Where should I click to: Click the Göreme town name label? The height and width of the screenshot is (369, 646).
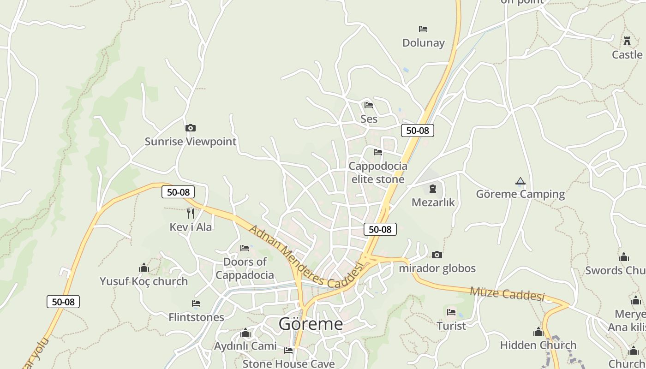(311, 324)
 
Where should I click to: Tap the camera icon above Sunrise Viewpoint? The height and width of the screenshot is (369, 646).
(190, 128)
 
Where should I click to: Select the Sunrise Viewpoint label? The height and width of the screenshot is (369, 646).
(190, 142)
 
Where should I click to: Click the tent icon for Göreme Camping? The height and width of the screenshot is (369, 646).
(520, 181)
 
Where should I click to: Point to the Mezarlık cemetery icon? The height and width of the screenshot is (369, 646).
(433, 189)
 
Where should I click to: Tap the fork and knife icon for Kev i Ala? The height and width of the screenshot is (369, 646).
(191, 213)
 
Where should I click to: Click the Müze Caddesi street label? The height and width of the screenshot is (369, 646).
(507, 293)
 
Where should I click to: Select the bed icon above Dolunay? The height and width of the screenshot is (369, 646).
(423, 29)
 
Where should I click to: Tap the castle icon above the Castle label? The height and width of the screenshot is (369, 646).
(627, 41)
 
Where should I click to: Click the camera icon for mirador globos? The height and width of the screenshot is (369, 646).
(437, 255)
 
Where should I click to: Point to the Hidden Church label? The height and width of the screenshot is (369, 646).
(538, 345)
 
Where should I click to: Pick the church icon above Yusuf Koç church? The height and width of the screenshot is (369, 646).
(144, 268)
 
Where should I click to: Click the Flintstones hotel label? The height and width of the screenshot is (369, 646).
(196, 317)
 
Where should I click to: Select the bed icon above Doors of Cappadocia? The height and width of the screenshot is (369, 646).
(245, 248)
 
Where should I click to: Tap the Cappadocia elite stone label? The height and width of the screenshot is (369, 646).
(378, 173)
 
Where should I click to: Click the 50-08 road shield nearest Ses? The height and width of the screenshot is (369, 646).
(417, 131)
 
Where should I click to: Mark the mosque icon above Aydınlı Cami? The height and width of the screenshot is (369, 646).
(245, 333)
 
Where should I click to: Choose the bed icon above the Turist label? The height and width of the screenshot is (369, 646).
(451, 312)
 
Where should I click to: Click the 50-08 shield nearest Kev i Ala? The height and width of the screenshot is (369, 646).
(178, 192)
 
